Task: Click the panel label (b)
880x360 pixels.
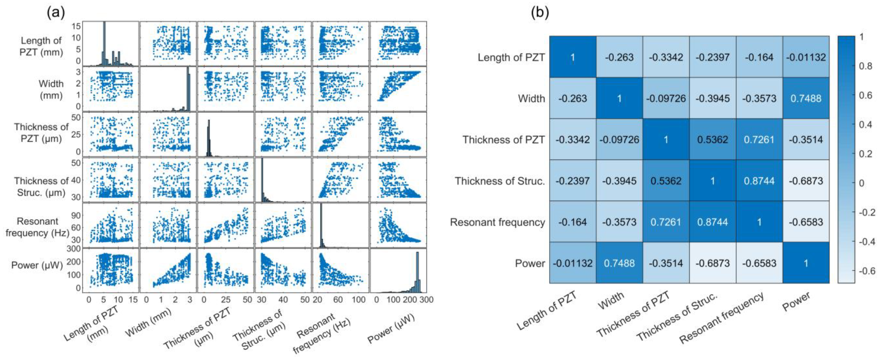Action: pyautogui.click(x=540, y=13)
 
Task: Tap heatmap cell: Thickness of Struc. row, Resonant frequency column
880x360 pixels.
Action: pyautogui.click(x=759, y=181)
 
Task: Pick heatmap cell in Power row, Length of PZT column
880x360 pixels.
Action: pyautogui.click(x=573, y=263)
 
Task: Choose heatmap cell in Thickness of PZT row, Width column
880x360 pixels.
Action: pyautogui.click(x=619, y=139)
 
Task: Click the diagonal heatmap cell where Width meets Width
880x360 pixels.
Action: pyautogui.click(x=619, y=98)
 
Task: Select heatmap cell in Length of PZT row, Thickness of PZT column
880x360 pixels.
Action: pyautogui.click(x=666, y=57)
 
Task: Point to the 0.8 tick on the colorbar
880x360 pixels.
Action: pyautogui.click(x=865, y=66)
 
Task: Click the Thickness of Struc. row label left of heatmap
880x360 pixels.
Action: pyautogui.click(x=499, y=181)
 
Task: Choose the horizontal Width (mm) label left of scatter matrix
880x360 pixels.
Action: pyautogui.click(x=51, y=90)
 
